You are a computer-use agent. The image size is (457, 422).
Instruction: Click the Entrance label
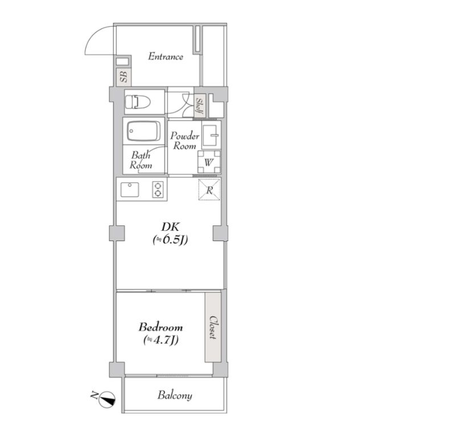click(166, 56)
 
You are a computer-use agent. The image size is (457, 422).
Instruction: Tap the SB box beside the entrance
click(123, 77)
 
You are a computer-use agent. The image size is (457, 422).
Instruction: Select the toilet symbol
click(137, 102)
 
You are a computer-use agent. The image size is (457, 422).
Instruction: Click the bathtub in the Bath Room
click(143, 131)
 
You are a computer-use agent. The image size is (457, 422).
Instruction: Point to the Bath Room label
click(141, 160)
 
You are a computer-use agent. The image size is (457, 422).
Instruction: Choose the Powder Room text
click(184, 140)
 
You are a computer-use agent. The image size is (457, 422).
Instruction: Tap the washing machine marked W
click(209, 162)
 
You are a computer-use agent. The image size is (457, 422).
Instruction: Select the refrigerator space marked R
click(209, 190)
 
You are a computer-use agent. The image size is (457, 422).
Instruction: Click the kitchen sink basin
click(130, 189)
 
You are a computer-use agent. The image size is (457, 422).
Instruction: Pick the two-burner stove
click(158, 189)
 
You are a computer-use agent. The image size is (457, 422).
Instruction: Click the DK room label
click(171, 226)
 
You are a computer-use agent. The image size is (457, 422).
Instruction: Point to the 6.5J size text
click(170, 239)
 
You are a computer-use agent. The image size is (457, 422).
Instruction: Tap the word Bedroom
click(160, 327)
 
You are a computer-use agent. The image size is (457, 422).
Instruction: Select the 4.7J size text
click(160, 340)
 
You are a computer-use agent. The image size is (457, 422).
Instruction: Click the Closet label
click(213, 328)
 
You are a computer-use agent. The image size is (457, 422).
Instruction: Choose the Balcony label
click(175, 395)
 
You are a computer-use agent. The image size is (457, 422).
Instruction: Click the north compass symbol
click(107, 399)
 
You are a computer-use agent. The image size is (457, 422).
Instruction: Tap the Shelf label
click(200, 106)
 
